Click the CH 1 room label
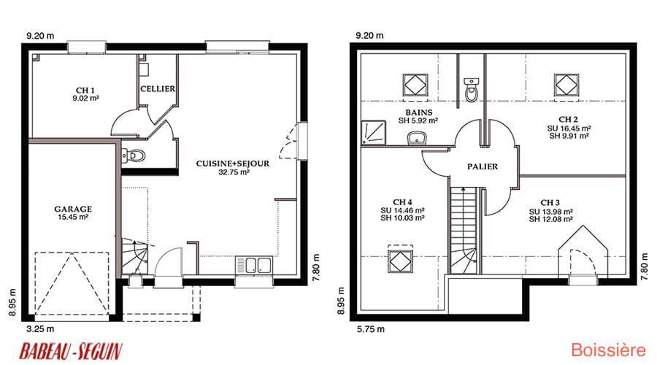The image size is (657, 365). click(x=85, y=90)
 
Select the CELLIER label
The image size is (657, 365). click(x=158, y=89)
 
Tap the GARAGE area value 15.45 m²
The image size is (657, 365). click(x=73, y=217)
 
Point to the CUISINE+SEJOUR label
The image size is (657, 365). click(x=233, y=164)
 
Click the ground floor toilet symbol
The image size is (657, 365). click(x=133, y=156)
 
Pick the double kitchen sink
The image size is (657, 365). click(x=253, y=265)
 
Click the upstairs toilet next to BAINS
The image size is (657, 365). click(x=472, y=90)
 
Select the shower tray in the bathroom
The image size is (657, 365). click(x=373, y=133)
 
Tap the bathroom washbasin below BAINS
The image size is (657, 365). click(x=418, y=137)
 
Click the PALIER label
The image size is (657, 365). click(x=483, y=166)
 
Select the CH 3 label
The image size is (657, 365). click(x=550, y=203)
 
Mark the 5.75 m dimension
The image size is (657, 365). click(x=370, y=329)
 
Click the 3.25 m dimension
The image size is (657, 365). click(x=40, y=329)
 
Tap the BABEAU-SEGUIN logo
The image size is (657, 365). click(x=71, y=351)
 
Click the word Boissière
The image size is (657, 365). click(x=608, y=350)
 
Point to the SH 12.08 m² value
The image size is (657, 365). click(x=550, y=219)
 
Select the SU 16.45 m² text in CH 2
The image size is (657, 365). click(x=569, y=128)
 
